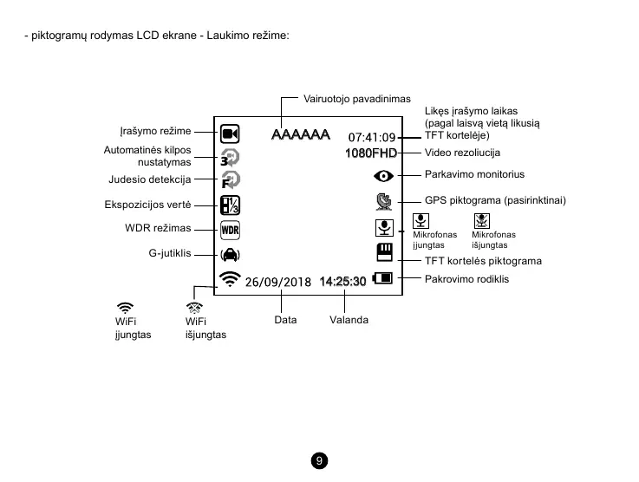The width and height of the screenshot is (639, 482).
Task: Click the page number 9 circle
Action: pyautogui.click(x=320, y=460)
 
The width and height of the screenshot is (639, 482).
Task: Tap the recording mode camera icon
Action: pyautogui.click(x=230, y=134)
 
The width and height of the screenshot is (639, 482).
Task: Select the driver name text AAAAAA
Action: pyautogui.click(x=301, y=135)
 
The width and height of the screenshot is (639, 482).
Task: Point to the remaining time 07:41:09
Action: pyautogui.click(x=371, y=137)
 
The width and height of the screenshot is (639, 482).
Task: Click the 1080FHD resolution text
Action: pyautogui.click(x=370, y=153)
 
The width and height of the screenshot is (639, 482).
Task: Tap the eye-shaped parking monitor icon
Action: pyautogui.click(x=383, y=176)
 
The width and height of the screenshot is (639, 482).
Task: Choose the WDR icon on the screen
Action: pyautogui.click(x=230, y=231)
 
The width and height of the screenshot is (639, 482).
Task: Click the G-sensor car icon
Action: pyautogui.click(x=230, y=255)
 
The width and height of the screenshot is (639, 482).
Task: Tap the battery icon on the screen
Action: pyautogui.click(x=382, y=279)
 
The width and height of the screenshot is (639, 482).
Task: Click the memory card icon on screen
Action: pyautogui.click(x=384, y=253)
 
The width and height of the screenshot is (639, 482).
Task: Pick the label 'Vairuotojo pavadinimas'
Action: pyautogui.click(x=357, y=99)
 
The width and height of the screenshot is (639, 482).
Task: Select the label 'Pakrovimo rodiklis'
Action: pyautogui.click(x=466, y=279)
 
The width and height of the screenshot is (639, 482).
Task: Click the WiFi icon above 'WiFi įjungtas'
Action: pyautogui.click(x=125, y=307)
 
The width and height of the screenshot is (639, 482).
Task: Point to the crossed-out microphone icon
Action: pyautogui.click(x=482, y=221)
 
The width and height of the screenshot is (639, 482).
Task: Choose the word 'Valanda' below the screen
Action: pyautogui.click(x=349, y=320)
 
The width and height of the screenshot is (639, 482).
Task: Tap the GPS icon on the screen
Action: pyautogui.click(x=383, y=203)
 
